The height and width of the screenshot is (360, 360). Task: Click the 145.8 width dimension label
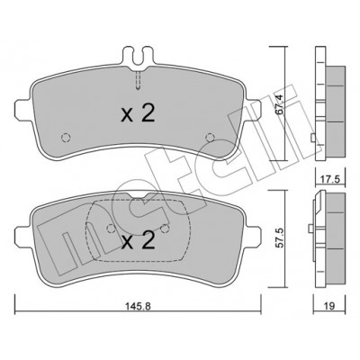coord(137,307)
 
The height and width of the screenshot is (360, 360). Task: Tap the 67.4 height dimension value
coord(279,104)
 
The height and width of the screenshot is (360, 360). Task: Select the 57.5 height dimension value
coord(279,238)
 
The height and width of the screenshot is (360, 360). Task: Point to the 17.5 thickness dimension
coord(329,180)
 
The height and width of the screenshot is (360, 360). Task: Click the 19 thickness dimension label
coord(329,306)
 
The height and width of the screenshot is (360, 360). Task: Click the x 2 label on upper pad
coord(138,114)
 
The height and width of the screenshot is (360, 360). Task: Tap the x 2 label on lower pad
coord(138,241)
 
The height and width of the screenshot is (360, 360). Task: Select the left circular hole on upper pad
coord(66,138)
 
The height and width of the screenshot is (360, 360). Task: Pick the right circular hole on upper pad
coord(210,137)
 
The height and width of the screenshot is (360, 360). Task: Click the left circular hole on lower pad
coord(112,229)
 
